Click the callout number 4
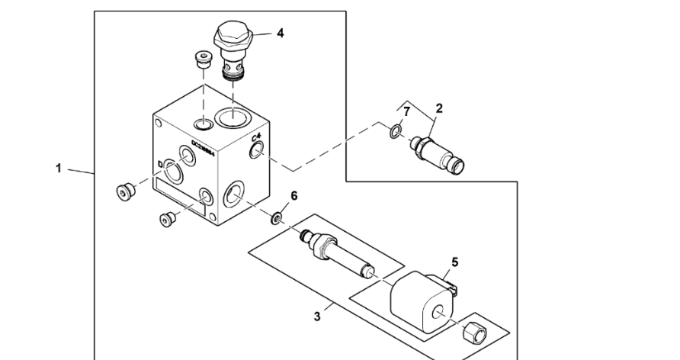(281, 34)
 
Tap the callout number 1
(59, 169)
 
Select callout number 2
(438, 108)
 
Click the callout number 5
(454, 262)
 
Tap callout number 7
(407, 112)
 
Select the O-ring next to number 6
(276, 220)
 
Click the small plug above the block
(202, 60)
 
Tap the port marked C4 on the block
(255, 153)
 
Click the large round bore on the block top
(231, 117)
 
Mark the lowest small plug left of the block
(167, 220)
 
